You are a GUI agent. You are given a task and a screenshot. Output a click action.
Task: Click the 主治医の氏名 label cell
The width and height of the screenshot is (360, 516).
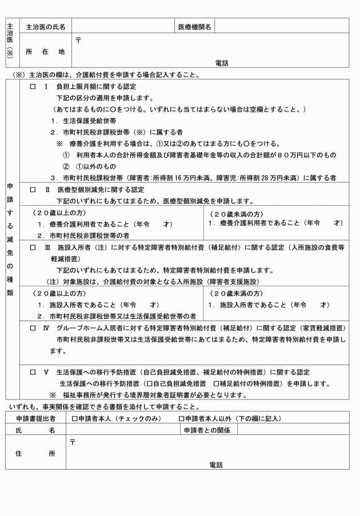(x=45, y=27)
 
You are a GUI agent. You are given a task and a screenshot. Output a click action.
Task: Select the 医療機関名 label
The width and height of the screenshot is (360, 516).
(x=195, y=27)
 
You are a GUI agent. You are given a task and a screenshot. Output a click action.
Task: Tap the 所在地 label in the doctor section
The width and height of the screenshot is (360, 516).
(x=45, y=51)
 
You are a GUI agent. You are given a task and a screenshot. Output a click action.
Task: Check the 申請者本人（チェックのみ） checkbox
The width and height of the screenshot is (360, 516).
(x=75, y=419)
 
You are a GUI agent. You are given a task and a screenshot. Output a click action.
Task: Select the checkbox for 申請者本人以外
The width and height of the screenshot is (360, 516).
(x=181, y=419)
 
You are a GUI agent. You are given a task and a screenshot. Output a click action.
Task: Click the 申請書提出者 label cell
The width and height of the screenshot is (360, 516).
(x=36, y=419)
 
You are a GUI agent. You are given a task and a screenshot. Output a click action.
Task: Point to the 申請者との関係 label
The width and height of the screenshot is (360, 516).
(x=206, y=430)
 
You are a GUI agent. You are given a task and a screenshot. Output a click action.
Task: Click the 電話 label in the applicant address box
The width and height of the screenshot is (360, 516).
(x=215, y=465)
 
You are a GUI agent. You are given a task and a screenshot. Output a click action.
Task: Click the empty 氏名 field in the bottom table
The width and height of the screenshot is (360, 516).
(x=123, y=430)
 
